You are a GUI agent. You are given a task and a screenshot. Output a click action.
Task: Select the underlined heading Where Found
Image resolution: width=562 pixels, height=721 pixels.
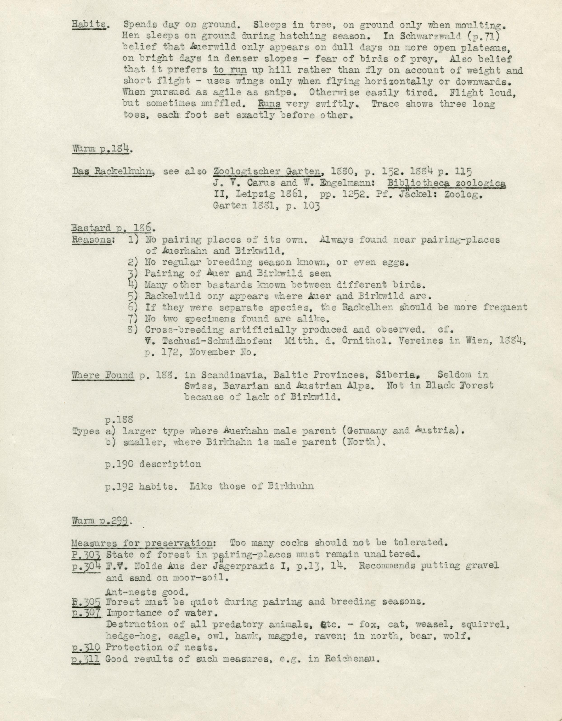point(103,375)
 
